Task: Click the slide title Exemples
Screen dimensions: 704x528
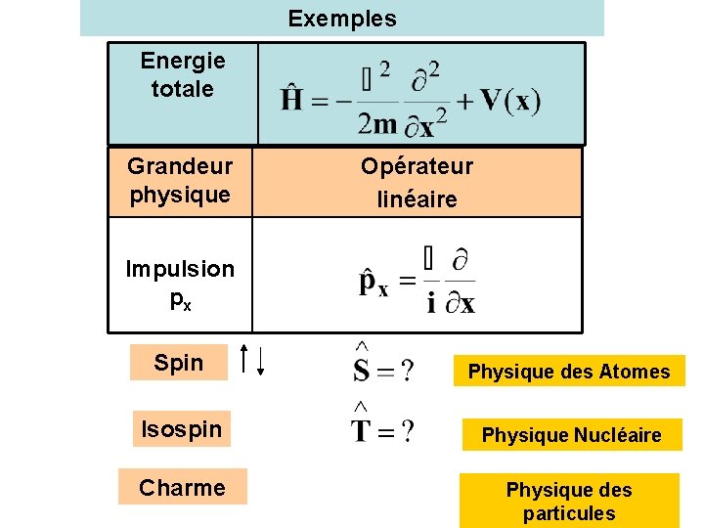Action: click(x=342, y=19)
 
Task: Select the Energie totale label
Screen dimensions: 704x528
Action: click(x=182, y=75)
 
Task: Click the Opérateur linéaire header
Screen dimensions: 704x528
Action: click(x=417, y=183)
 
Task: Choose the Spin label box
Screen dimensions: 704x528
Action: click(x=179, y=363)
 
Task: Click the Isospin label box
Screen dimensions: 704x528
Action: click(x=182, y=428)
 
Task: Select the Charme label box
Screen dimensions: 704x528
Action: click(x=182, y=487)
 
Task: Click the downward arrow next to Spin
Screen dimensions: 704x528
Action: click(x=261, y=363)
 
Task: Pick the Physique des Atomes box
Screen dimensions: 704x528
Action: click(x=569, y=371)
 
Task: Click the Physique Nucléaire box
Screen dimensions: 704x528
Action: click(x=571, y=435)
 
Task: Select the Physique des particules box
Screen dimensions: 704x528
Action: click(x=568, y=501)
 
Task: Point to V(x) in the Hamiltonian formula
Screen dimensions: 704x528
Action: click(x=510, y=100)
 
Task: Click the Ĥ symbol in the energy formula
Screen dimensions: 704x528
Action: click(x=290, y=100)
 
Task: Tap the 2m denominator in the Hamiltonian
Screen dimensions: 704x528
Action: click(x=377, y=123)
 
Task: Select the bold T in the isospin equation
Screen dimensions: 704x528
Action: click(x=362, y=430)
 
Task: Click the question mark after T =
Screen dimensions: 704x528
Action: click(x=405, y=431)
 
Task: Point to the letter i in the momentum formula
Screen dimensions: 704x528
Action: click(x=431, y=303)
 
